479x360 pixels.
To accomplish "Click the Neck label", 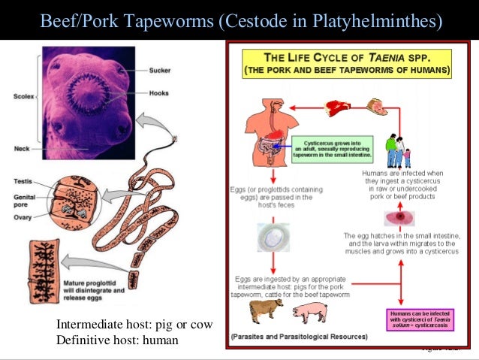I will [21, 148].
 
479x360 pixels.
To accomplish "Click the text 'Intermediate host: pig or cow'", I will [134, 325].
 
